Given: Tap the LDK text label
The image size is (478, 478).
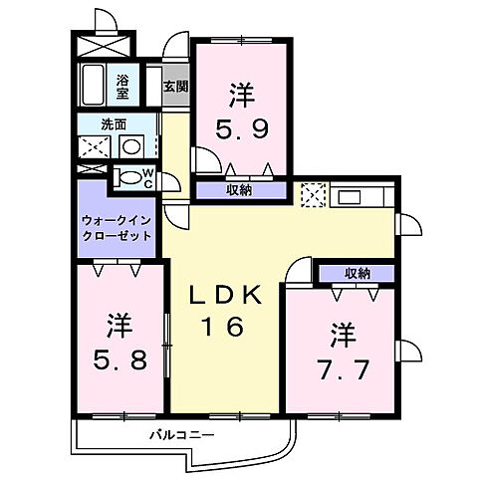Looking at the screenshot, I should click(x=227, y=296).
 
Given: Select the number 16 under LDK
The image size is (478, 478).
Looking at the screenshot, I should click(x=227, y=328).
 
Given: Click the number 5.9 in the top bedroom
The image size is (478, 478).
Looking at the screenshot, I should click(x=241, y=129).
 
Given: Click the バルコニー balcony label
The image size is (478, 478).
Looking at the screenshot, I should click(x=177, y=434).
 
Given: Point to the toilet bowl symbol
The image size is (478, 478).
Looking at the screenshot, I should click(x=128, y=178).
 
